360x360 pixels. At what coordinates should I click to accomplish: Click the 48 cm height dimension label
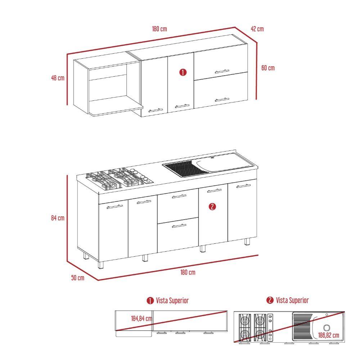pos(58,78)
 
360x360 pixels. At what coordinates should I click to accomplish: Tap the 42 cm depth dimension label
pos(257,29)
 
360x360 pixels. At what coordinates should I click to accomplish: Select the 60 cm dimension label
pos(268,68)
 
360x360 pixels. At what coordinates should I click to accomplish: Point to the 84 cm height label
pos(58,218)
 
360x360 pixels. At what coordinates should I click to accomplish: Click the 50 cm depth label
pos(78,278)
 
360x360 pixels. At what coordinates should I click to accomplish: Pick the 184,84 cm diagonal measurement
pos(141,319)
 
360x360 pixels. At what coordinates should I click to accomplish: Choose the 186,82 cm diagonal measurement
pos(329,335)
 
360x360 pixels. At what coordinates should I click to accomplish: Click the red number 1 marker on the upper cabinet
pos(183,73)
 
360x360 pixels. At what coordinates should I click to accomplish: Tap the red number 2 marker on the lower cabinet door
pos(212,207)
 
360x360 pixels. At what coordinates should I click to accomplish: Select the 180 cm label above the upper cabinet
pos(159,29)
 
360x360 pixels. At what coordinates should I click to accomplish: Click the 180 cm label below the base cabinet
pos(188,272)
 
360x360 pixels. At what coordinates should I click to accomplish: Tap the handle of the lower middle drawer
pos(179,226)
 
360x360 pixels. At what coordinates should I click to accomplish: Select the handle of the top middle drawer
pos(179,196)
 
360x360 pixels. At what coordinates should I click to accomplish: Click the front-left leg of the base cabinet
pos(100,265)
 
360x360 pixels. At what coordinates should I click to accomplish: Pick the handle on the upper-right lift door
pos(222,71)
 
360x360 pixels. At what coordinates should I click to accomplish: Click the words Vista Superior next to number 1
pos(172,301)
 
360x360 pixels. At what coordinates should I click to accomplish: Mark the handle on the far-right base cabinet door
pos(244,186)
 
